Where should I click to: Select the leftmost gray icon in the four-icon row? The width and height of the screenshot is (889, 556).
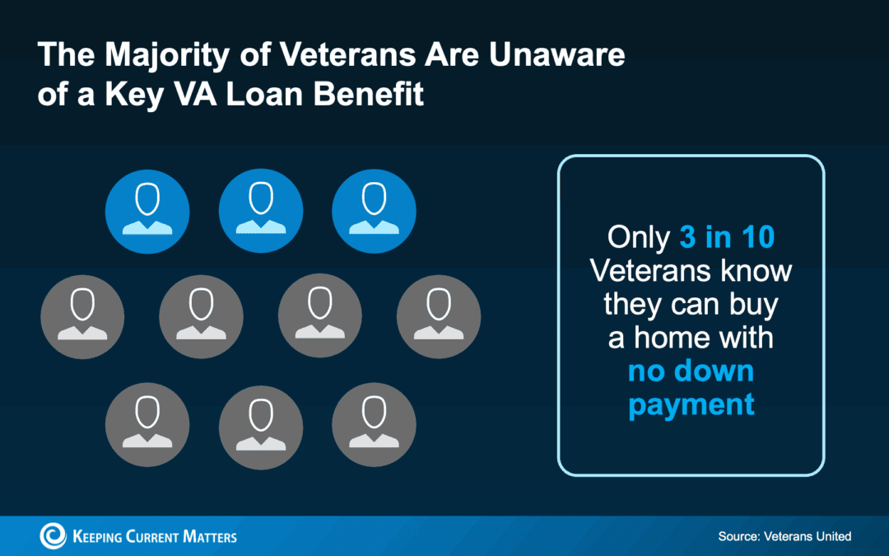coord(82,315)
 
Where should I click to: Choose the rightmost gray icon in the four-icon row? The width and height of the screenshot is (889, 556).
coord(439,315)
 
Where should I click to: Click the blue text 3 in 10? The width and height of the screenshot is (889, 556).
coord(728,237)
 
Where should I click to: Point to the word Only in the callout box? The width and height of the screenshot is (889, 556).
coord(638,237)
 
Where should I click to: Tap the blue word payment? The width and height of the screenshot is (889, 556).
coord(691,404)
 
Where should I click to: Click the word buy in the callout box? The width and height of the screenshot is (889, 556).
coord(751,304)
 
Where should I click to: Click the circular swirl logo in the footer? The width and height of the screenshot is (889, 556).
coord(54,536)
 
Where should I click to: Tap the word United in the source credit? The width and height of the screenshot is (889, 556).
coord(832,536)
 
